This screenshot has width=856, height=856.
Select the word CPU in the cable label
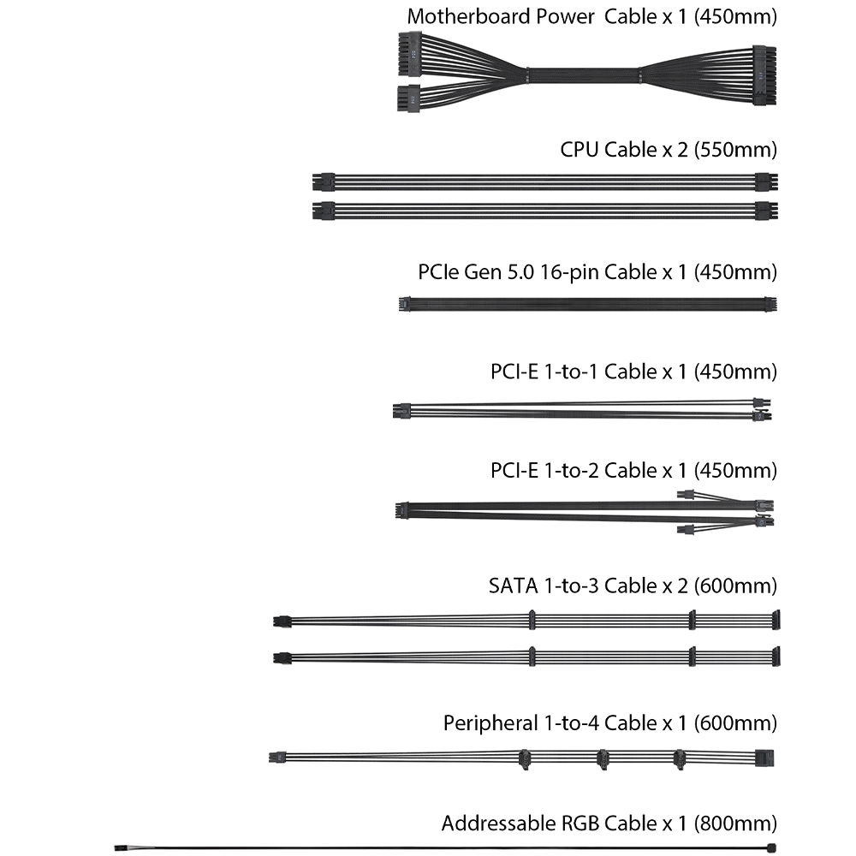[580, 150]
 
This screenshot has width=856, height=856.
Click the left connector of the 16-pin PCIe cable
[402, 304]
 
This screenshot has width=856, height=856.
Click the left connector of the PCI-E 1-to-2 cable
[401, 510]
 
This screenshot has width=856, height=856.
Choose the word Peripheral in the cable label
[490, 723]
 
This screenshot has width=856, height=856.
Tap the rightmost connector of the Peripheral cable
[766, 757]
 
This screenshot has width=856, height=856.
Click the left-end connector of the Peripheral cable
[275, 758]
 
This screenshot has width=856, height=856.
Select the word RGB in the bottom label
[581, 823]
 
